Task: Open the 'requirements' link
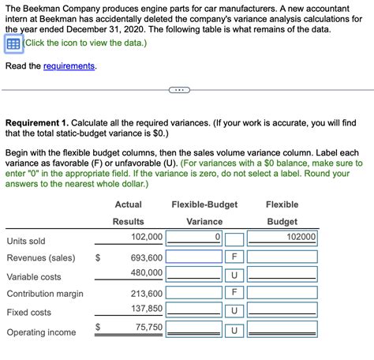click(x=69, y=66)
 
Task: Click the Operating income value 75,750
click(x=148, y=328)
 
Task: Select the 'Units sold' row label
click(x=26, y=241)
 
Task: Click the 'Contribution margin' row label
click(x=45, y=294)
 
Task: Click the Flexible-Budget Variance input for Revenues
click(x=193, y=257)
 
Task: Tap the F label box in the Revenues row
click(x=234, y=257)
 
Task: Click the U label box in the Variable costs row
click(x=234, y=276)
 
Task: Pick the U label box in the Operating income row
click(x=234, y=329)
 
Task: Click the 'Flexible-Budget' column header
click(x=204, y=205)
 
